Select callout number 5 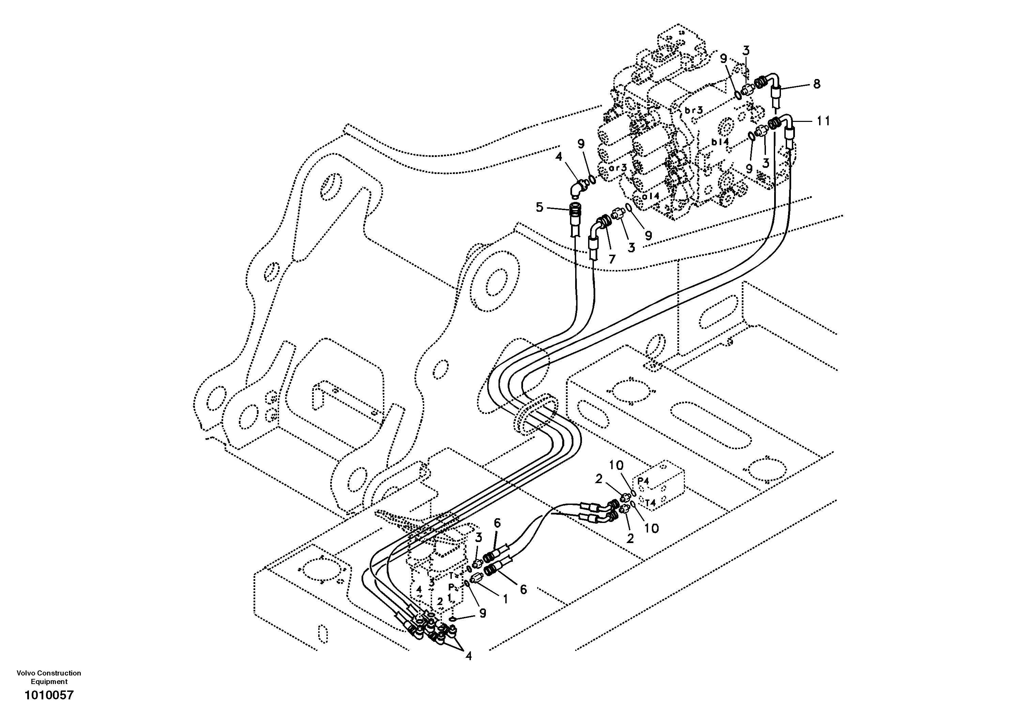click(539, 207)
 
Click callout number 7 click(612, 259)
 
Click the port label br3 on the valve click(694, 110)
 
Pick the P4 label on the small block click(644, 481)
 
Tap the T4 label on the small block click(650, 502)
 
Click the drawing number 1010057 click(49, 696)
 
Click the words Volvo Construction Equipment click(49, 677)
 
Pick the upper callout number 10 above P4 click(616, 465)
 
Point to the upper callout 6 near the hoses click(497, 523)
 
